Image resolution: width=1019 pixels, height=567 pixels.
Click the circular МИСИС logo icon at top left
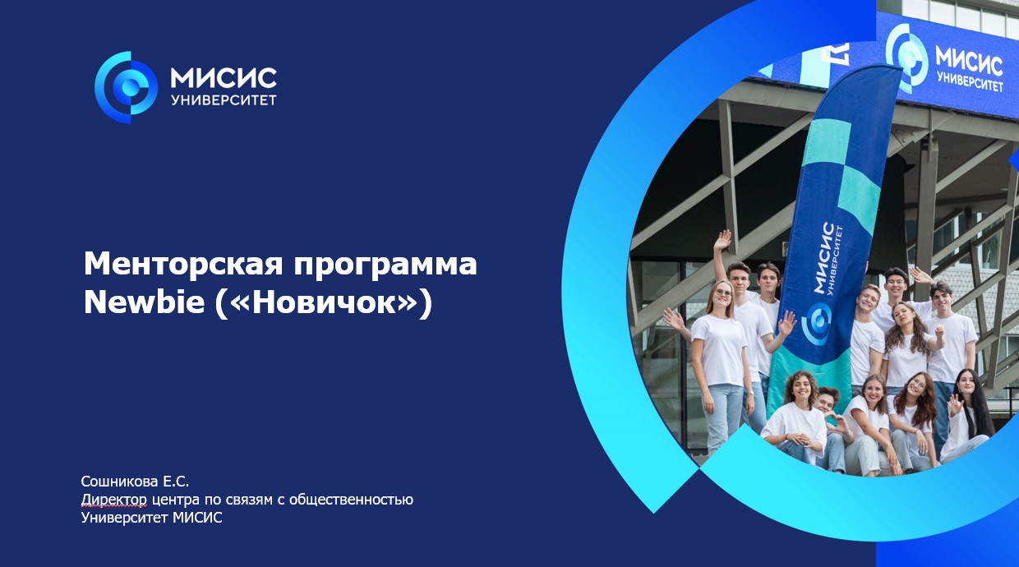tap(126, 87)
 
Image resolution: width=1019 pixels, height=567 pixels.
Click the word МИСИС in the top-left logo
tap(224, 78)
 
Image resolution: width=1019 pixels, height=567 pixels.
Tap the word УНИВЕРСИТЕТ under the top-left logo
tap(224, 100)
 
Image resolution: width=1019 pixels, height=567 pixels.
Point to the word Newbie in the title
tap(144, 302)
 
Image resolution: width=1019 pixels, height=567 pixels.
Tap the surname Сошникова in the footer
tap(120, 481)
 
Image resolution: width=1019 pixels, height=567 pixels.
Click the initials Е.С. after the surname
tap(176, 481)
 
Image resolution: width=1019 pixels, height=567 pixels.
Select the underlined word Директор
tap(114, 500)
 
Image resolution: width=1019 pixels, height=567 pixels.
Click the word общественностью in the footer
tap(351, 500)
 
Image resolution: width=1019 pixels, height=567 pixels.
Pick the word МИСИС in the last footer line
tap(197, 518)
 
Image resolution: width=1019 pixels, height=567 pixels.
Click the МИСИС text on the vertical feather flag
tap(823, 258)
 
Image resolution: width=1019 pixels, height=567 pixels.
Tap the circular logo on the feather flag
tap(817, 323)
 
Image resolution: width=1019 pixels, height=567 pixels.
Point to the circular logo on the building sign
tap(906, 57)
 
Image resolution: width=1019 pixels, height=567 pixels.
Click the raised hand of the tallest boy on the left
tap(722, 240)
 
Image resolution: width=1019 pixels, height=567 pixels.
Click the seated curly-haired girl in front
tap(796, 417)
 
